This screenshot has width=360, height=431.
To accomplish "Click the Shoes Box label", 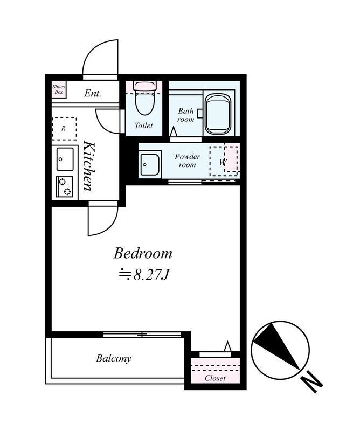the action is pyautogui.click(x=59, y=89).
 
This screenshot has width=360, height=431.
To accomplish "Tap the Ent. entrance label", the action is pyautogui.click(x=93, y=93).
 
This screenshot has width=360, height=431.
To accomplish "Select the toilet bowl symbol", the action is pyautogui.click(x=144, y=99).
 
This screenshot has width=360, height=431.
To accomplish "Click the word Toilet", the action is pyautogui.click(x=143, y=126).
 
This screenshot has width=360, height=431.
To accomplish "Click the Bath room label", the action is pyautogui.click(x=185, y=115).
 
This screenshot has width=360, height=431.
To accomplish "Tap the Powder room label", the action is pyautogui.click(x=188, y=161).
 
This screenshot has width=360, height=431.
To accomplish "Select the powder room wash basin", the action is pyautogui.click(x=150, y=165).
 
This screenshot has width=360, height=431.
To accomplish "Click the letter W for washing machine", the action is pyautogui.click(x=223, y=162).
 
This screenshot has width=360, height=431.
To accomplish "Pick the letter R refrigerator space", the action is pyautogui.click(x=64, y=128).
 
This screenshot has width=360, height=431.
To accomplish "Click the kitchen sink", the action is pyautogui.click(x=65, y=159).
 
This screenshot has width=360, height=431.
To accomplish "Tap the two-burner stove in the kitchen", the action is pyautogui.click(x=64, y=186).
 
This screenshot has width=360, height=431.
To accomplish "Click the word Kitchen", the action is pyautogui.click(x=89, y=166).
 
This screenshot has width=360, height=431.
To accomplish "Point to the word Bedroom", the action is pyautogui.click(x=143, y=253).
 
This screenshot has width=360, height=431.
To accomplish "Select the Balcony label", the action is pyautogui.click(x=114, y=358).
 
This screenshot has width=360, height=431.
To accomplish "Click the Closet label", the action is pyautogui.click(x=215, y=378).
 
